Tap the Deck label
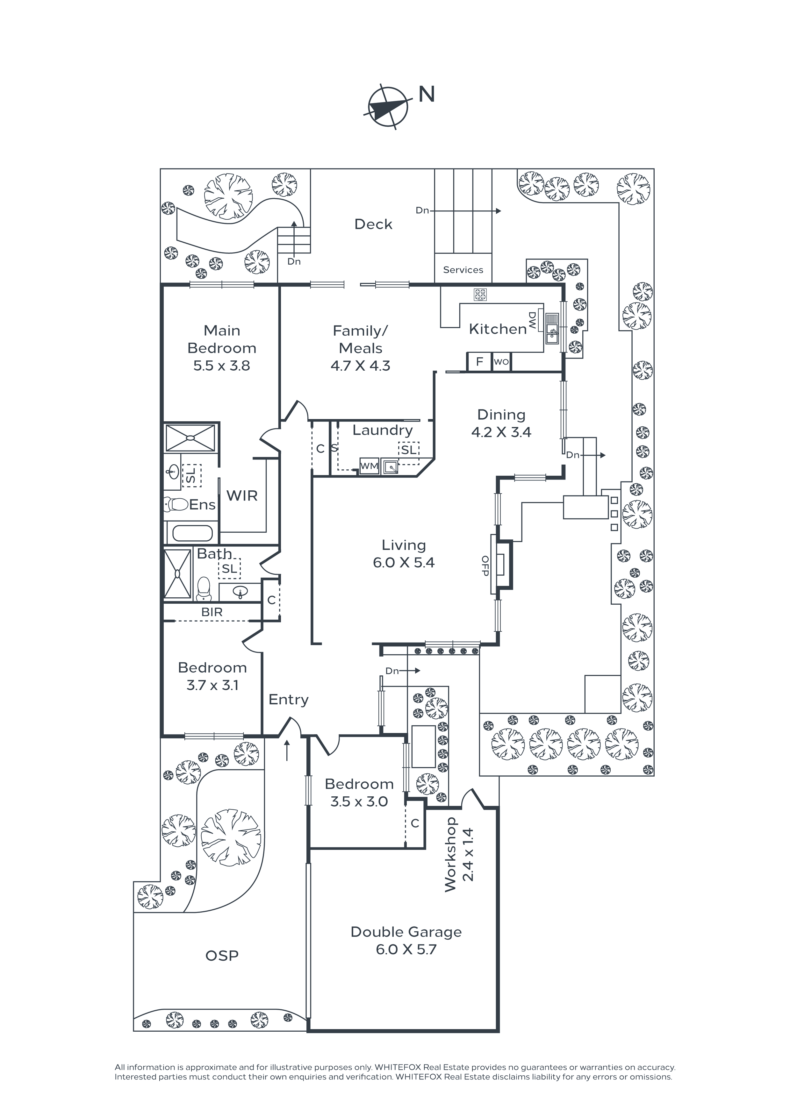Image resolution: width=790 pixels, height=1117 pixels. click(373, 224)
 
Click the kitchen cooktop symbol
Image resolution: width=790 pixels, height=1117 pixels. click(480, 294)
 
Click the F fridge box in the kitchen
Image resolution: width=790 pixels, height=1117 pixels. click(479, 361)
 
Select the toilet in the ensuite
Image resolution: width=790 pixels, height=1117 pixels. click(175, 504)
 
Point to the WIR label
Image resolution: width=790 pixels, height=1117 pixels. click(242, 496)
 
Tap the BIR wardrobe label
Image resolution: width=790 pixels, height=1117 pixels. click(212, 612)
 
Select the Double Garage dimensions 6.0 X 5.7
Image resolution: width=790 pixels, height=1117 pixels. click(406, 949)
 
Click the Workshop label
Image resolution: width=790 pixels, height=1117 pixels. click(450, 854)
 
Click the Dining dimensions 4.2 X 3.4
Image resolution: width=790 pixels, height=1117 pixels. click(501, 432)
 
